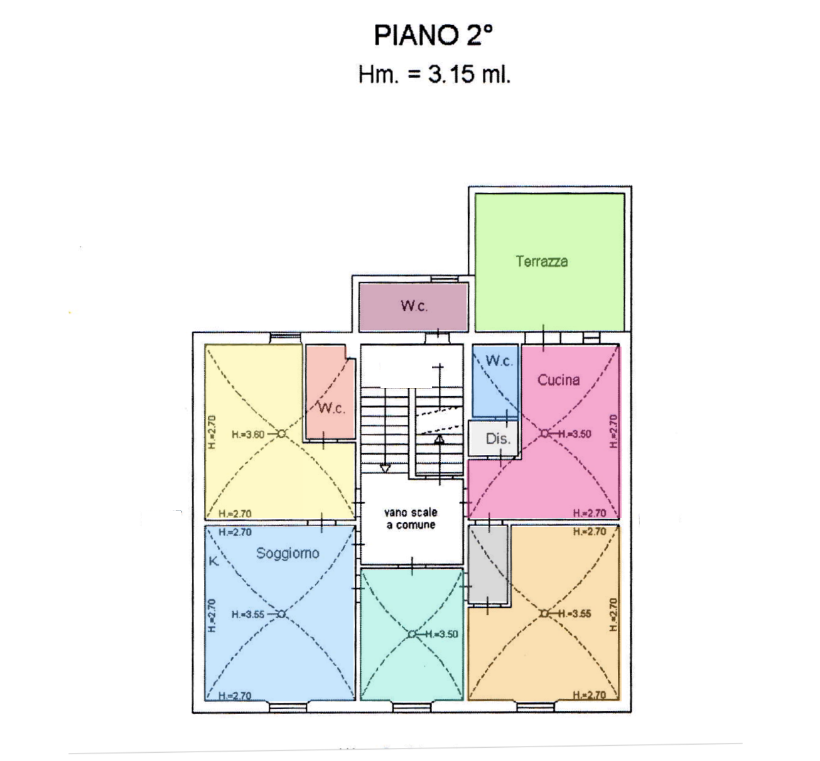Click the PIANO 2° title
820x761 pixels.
coord(433,35)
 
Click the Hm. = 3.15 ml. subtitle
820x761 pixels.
coord(434,75)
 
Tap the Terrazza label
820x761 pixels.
coord(542,261)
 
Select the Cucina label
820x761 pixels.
coord(558,380)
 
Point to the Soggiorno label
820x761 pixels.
coord(288,553)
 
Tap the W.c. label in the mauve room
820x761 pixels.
coord(414,306)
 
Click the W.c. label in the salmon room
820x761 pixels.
coord(332,408)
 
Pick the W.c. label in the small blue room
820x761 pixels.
coord(499,361)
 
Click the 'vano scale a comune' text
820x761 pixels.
coord(411,519)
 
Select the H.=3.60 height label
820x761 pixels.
coord(248,434)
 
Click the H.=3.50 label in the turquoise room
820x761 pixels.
coord(442,634)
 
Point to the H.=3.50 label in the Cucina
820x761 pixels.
coord(575,434)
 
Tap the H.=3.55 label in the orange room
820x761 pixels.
coord(575,613)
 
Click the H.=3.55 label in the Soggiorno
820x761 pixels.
coord(248,615)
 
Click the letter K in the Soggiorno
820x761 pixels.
coord(214,561)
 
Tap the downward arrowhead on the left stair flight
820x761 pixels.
coord(385,468)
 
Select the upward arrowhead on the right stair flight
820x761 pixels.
coord(439,440)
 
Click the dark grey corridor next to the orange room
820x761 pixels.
coord(488,564)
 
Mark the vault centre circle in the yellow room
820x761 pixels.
coord(281,434)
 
